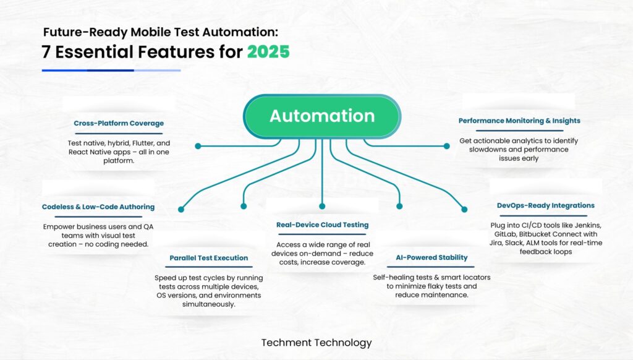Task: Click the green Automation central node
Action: pyautogui.click(x=321, y=116)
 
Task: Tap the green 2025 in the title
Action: pyautogui.click(x=268, y=52)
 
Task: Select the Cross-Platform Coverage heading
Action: pyautogui.click(x=119, y=123)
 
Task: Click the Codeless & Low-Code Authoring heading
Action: pyautogui.click(x=98, y=207)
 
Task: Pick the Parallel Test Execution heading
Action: pyautogui.click(x=209, y=258)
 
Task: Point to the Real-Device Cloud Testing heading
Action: pyautogui.click(x=322, y=225)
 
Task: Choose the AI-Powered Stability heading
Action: pyautogui.click(x=431, y=257)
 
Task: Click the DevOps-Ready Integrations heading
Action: pyautogui.click(x=545, y=205)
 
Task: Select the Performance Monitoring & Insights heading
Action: pyautogui.click(x=519, y=121)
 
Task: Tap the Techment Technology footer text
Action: pyautogui.click(x=316, y=343)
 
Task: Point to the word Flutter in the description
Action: pyautogui.click(x=143, y=143)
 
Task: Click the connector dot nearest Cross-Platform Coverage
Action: pyautogui.click(x=198, y=146)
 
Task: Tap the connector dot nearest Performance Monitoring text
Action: pyautogui.click(x=446, y=146)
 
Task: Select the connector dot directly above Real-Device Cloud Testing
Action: pyautogui.click(x=321, y=207)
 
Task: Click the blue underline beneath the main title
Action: pyautogui.click(x=111, y=71)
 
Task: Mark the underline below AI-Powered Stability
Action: pyautogui.click(x=430, y=267)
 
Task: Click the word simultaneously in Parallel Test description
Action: pyautogui.click(x=209, y=304)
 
